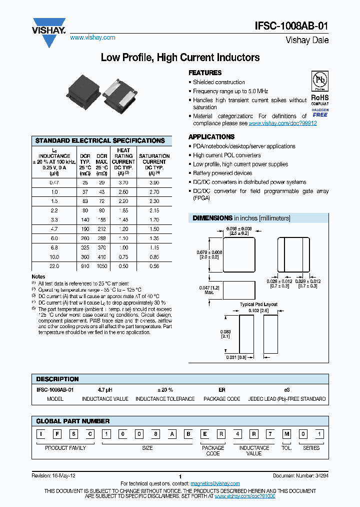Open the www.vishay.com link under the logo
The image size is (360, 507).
[92, 38]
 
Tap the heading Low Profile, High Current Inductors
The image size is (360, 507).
[180, 58]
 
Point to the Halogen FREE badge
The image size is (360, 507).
[320, 112]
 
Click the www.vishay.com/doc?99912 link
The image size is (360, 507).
[282, 123]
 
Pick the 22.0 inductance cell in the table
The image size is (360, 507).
[54, 266]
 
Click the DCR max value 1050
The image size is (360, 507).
[102, 266]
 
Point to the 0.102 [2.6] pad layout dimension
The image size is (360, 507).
[258, 310]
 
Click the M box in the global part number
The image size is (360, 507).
[286, 434]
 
